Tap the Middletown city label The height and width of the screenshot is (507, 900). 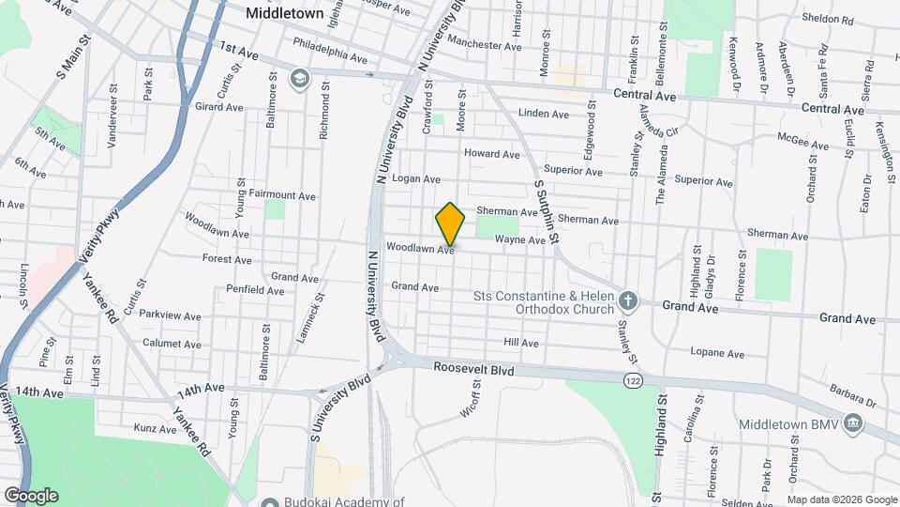[x=283, y=14]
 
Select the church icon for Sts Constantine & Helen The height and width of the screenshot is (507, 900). [x=628, y=301]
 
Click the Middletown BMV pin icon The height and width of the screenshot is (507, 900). [x=852, y=424]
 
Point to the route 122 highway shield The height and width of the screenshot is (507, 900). [x=635, y=378]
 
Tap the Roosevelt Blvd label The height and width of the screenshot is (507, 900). [x=474, y=371]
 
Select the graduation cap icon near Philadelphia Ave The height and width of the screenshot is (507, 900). [x=299, y=77]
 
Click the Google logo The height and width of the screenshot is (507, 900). [x=31, y=495]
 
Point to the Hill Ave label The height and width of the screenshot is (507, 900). [x=521, y=343]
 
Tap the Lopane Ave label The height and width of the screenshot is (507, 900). [x=717, y=354]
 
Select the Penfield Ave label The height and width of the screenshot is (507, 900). [x=249, y=291]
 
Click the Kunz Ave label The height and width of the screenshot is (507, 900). [x=156, y=429]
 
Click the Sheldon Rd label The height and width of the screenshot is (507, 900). [x=828, y=18]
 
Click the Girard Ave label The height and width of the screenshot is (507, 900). [x=218, y=107]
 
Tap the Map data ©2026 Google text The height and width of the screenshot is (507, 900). [x=841, y=499]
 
